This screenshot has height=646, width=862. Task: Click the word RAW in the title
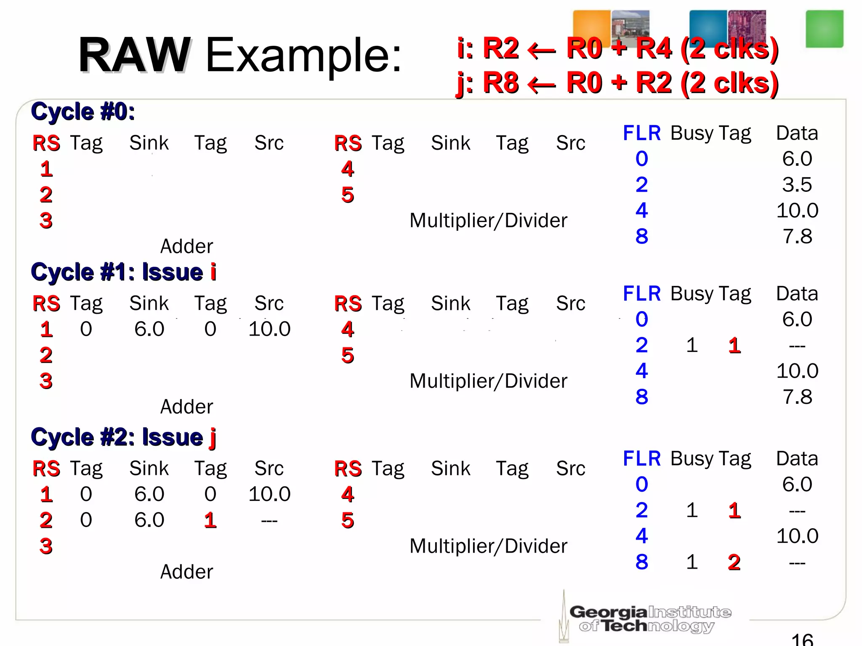pyautogui.click(x=134, y=55)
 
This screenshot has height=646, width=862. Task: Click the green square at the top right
pyautogui.click(x=824, y=29)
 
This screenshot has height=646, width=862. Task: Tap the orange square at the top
pyautogui.click(x=591, y=26)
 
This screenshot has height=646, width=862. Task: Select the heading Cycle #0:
pyautogui.click(x=83, y=112)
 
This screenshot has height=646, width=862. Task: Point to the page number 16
pyautogui.click(x=802, y=639)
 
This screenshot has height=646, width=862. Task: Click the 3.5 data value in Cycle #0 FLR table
pyautogui.click(x=797, y=185)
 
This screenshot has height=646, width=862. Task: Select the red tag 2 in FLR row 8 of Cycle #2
pyautogui.click(x=734, y=562)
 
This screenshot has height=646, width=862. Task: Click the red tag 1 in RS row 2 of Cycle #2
pyautogui.click(x=210, y=520)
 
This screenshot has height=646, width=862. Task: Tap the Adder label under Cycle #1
pyautogui.click(x=186, y=407)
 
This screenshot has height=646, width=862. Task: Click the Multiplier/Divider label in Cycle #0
pyautogui.click(x=488, y=220)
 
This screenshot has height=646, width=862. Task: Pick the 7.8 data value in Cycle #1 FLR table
pyautogui.click(x=797, y=397)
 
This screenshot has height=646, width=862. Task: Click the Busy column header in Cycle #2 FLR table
pyautogui.click(x=692, y=458)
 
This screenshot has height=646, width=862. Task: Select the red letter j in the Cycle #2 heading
pyautogui.click(x=213, y=437)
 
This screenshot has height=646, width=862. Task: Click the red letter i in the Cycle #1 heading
pyautogui.click(x=213, y=272)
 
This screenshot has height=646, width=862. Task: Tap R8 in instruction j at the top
pyautogui.click(x=500, y=82)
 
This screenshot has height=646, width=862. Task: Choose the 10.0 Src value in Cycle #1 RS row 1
pyautogui.click(x=269, y=329)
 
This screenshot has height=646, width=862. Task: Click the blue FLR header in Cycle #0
pyautogui.click(x=641, y=133)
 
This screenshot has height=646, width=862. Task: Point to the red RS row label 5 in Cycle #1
pyautogui.click(x=347, y=355)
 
